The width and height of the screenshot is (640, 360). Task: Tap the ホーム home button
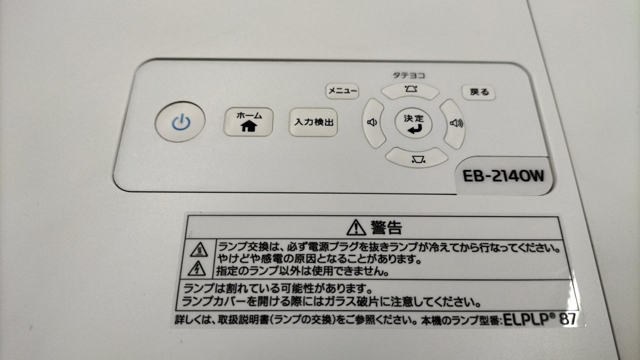click(248, 122)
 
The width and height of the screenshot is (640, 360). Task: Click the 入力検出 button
click(313, 122)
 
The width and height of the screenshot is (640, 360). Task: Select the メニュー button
click(342, 91)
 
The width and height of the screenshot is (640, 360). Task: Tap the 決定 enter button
click(413, 124)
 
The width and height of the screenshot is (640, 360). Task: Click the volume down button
click(373, 123)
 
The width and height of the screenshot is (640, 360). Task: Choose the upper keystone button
click(410, 90)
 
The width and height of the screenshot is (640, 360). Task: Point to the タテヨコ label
click(408, 75)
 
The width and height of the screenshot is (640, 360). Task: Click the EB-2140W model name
click(503, 176)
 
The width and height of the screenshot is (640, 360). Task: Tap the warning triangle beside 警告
click(356, 228)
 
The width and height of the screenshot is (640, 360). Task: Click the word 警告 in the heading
click(386, 227)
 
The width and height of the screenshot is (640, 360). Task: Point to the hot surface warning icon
click(199, 250)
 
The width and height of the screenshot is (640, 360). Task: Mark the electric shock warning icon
click(196, 268)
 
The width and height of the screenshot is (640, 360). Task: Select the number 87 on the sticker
click(567, 319)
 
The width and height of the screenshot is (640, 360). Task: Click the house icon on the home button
click(248, 126)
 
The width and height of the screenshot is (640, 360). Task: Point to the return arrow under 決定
click(414, 129)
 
